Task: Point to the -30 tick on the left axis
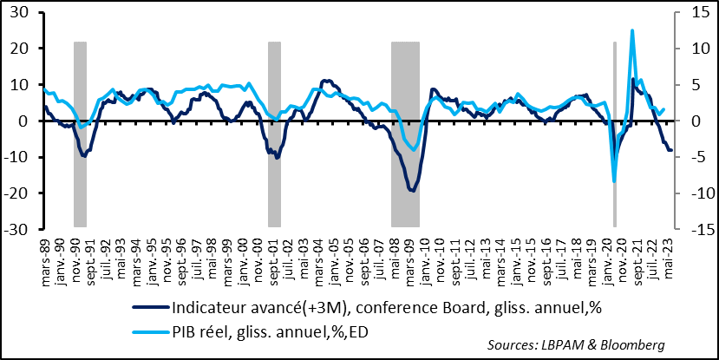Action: pyautogui.click(x=16, y=230)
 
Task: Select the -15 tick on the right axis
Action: pyautogui.click(x=690, y=230)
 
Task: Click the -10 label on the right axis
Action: pyautogui.click(x=690, y=193)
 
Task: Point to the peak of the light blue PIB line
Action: pyautogui.click(x=632, y=30)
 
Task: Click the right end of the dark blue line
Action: pyautogui.click(x=670, y=150)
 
